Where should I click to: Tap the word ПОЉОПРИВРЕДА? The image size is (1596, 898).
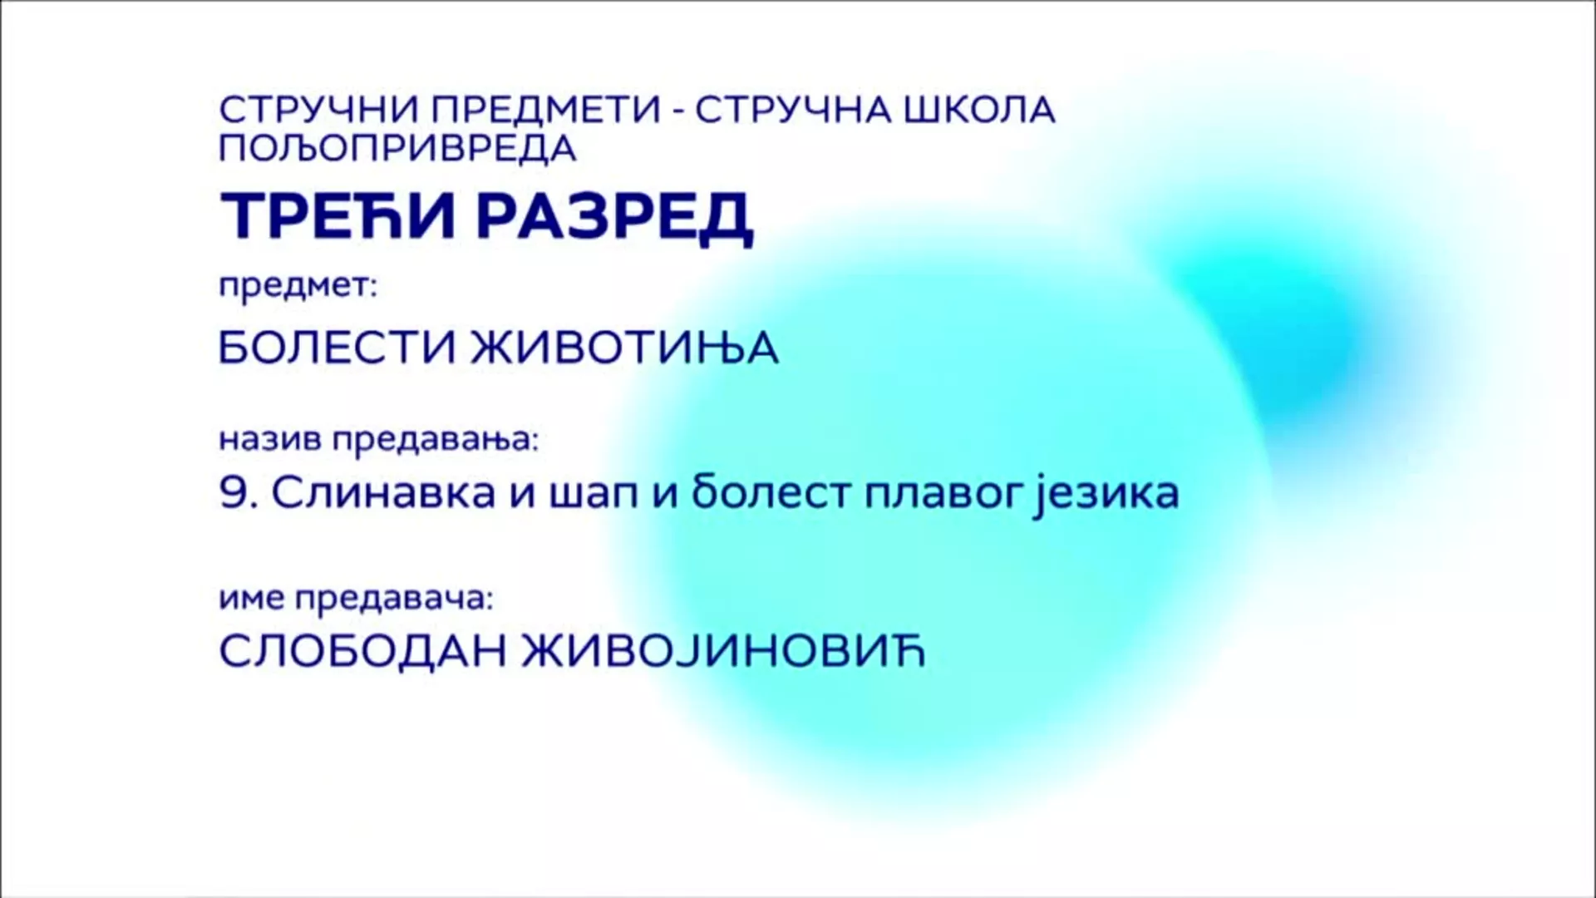397,148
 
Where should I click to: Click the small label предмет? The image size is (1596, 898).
298,288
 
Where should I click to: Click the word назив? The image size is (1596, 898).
271,439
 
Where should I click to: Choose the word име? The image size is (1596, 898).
252,599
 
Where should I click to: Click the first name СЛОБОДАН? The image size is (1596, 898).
362,652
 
